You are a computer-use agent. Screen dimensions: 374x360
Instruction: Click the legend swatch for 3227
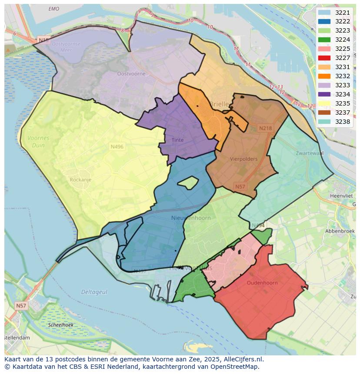pyautogui.click(x=324, y=58)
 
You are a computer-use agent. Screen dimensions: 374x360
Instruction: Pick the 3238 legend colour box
pyautogui.click(x=324, y=122)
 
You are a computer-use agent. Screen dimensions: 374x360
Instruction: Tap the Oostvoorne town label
pyautogui.click(x=131, y=74)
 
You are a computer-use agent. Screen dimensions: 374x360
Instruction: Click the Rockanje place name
pyautogui.click(x=80, y=179)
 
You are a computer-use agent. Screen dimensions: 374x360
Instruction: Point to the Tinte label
pyautogui.click(x=177, y=140)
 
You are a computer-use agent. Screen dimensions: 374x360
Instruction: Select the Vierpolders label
pyautogui.click(x=243, y=159)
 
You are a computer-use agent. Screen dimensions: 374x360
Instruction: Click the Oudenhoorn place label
pyautogui.click(x=262, y=283)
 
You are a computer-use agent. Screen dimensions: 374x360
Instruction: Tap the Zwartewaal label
pyautogui.click(x=310, y=153)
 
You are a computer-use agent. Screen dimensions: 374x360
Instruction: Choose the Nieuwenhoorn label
pyautogui.click(x=191, y=218)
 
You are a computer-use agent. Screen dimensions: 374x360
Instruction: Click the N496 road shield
pyautogui.click(x=117, y=147)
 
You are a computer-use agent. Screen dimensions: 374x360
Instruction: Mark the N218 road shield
pyautogui.click(x=265, y=128)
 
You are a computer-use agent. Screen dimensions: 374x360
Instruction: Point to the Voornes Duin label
pyautogui.click(x=38, y=142)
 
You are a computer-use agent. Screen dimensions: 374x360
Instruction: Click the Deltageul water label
pyautogui.click(x=94, y=292)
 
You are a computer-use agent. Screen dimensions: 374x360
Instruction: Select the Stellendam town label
pyautogui.click(x=17, y=338)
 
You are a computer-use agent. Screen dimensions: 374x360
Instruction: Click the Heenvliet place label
pyautogui.click(x=343, y=196)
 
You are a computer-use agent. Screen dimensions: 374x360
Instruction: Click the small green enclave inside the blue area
pyautogui.click(x=188, y=183)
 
